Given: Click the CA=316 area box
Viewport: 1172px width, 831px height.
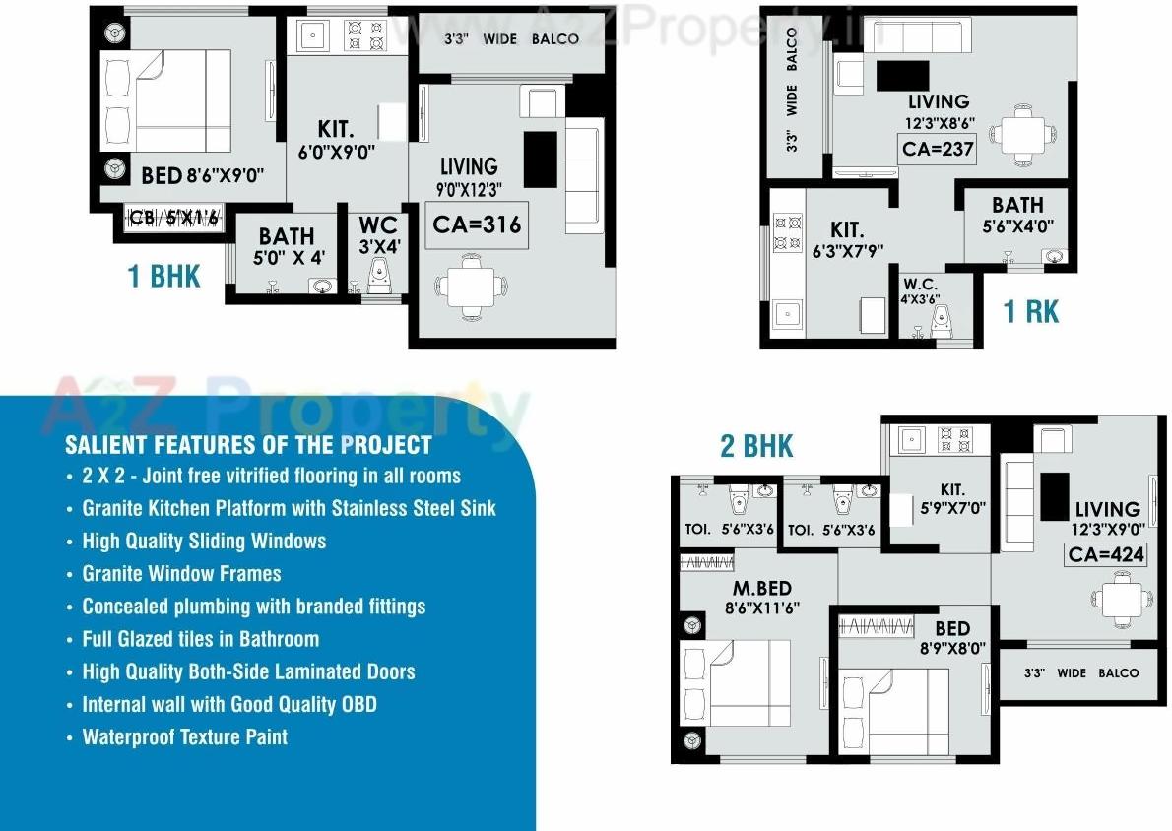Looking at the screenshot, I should [x=477, y=225].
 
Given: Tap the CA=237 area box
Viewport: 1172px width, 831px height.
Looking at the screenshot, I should [x=937, y=150].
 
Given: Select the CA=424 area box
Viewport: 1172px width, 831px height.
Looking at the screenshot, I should [x=1107, y=554].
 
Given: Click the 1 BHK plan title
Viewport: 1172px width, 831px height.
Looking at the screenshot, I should [x=164, y=277].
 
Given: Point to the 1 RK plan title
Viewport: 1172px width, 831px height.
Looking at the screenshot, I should [x=1030, y=312].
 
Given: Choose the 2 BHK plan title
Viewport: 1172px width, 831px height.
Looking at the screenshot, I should [x=756, y=446].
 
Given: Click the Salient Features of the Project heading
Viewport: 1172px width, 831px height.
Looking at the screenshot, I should [x=248, y=444].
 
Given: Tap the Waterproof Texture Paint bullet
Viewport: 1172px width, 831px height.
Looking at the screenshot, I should [x=184, y=736].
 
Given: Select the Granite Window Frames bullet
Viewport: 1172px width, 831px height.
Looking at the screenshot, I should [x=181, y=573].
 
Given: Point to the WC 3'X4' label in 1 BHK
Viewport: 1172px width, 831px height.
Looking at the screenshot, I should [x=379, y=236].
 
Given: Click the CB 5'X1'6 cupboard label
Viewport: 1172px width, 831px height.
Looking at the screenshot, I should [x=174, y=217].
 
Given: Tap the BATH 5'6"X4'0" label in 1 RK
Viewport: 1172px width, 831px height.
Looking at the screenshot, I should [x=1017, y=214].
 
